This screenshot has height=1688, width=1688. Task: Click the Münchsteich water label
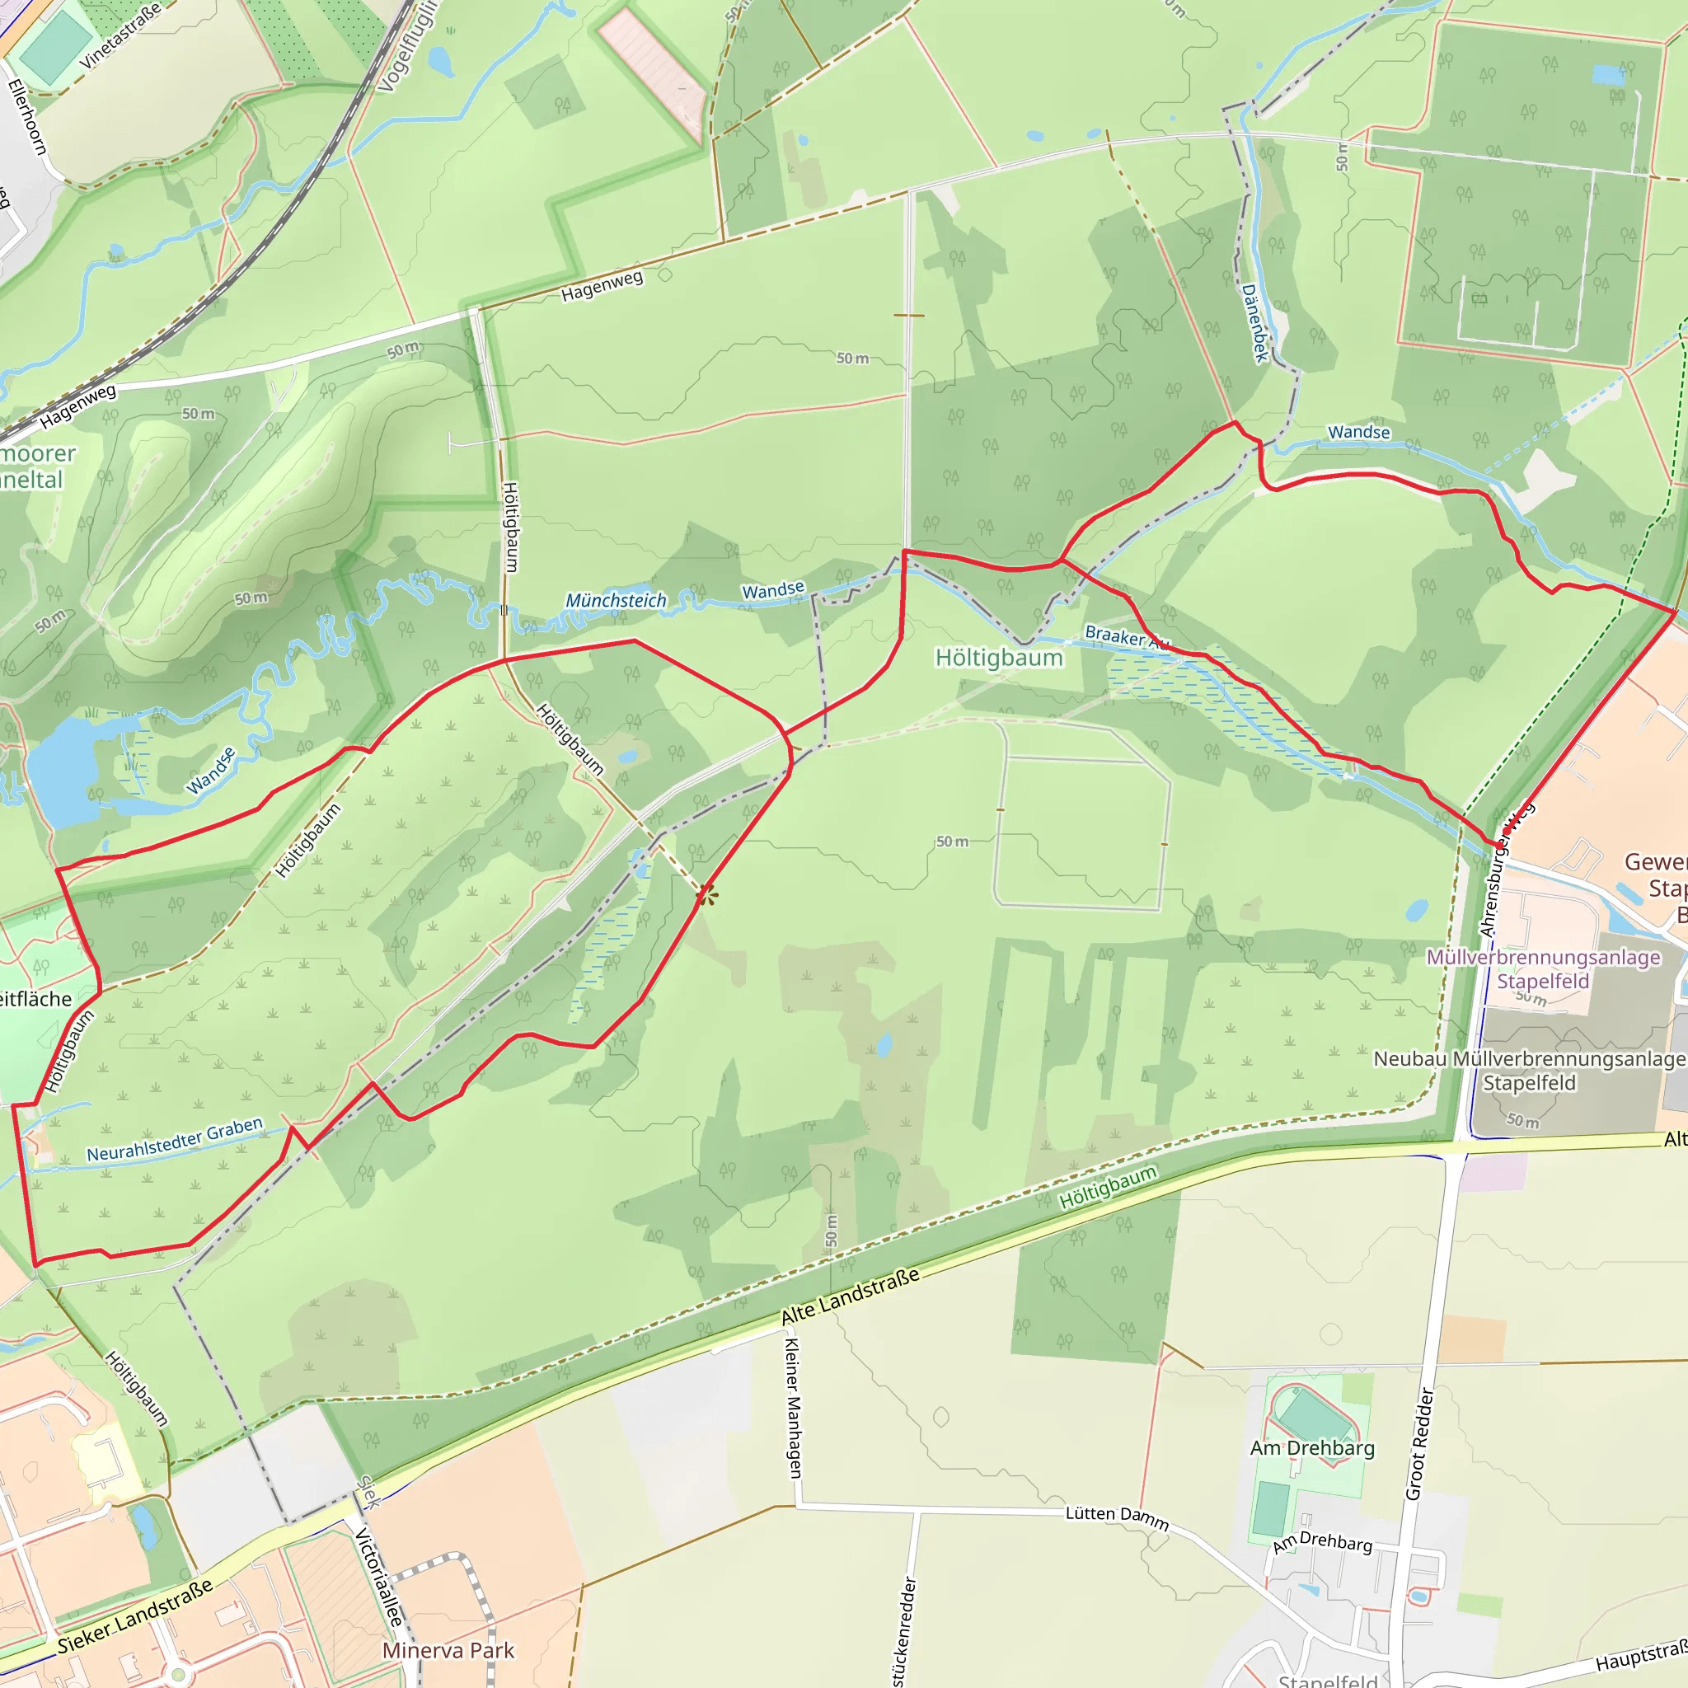coord(615,600)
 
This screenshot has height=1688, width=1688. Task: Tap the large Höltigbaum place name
coord(999,658)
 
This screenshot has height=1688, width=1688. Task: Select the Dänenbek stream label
coord(1254,322)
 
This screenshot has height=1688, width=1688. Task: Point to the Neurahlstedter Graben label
coord(175,1139)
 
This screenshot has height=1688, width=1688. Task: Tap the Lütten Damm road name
coord(1117,1517)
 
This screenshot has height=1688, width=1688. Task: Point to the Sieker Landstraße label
coord(135,1615)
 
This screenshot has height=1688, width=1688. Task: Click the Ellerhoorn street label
coord(27,117)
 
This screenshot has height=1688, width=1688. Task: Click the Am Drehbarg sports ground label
coord(1312,1447)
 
